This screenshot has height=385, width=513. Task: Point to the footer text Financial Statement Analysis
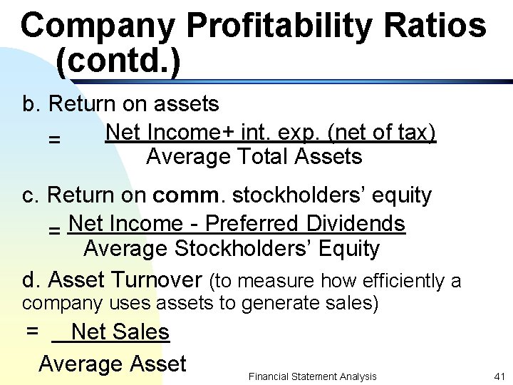click(x=312, y=376)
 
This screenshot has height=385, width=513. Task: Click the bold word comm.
click(x=190, y=195)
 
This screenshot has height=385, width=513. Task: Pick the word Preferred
click(x=254, y=224)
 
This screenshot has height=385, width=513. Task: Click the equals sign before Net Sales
click(x=32, y=332)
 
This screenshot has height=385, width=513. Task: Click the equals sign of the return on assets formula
click(x=54, y=140)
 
